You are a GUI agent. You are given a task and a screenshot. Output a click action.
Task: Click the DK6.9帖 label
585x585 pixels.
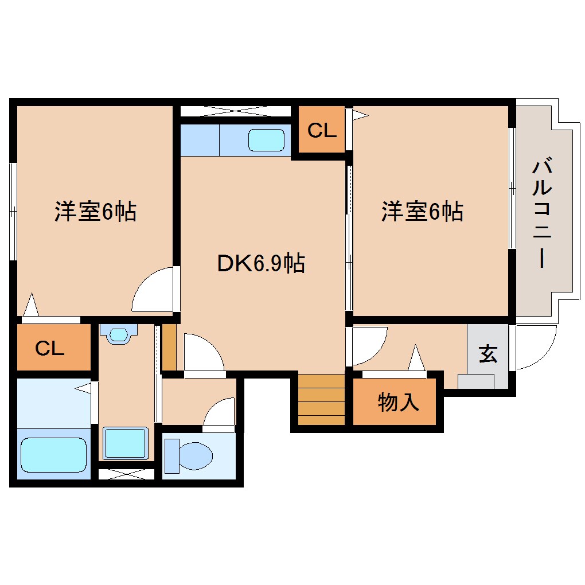pos(261,263)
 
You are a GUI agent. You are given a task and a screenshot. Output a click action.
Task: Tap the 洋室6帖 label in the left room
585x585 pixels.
pos(95,212)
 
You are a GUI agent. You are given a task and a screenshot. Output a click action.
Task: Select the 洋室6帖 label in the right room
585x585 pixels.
pos(423,212)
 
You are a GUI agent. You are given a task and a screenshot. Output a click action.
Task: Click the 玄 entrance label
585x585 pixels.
pos(487,354)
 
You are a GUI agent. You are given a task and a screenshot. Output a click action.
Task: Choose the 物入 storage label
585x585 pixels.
pos(398,403)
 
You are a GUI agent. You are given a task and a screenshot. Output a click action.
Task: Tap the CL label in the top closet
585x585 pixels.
pos(322,131)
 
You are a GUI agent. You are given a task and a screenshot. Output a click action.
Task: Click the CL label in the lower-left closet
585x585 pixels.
pos(50,348)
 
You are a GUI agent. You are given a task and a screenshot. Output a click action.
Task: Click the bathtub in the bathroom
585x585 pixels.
pos(53,455)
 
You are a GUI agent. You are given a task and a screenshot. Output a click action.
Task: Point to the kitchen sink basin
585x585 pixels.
pos(266,141)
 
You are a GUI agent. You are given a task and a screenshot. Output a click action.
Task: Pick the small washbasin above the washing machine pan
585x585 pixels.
pos(119,334)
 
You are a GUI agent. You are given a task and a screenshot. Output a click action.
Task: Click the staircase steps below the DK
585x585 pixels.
pos(321,399)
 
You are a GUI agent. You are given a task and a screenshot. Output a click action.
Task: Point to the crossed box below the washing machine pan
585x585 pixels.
pos(126,474)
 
